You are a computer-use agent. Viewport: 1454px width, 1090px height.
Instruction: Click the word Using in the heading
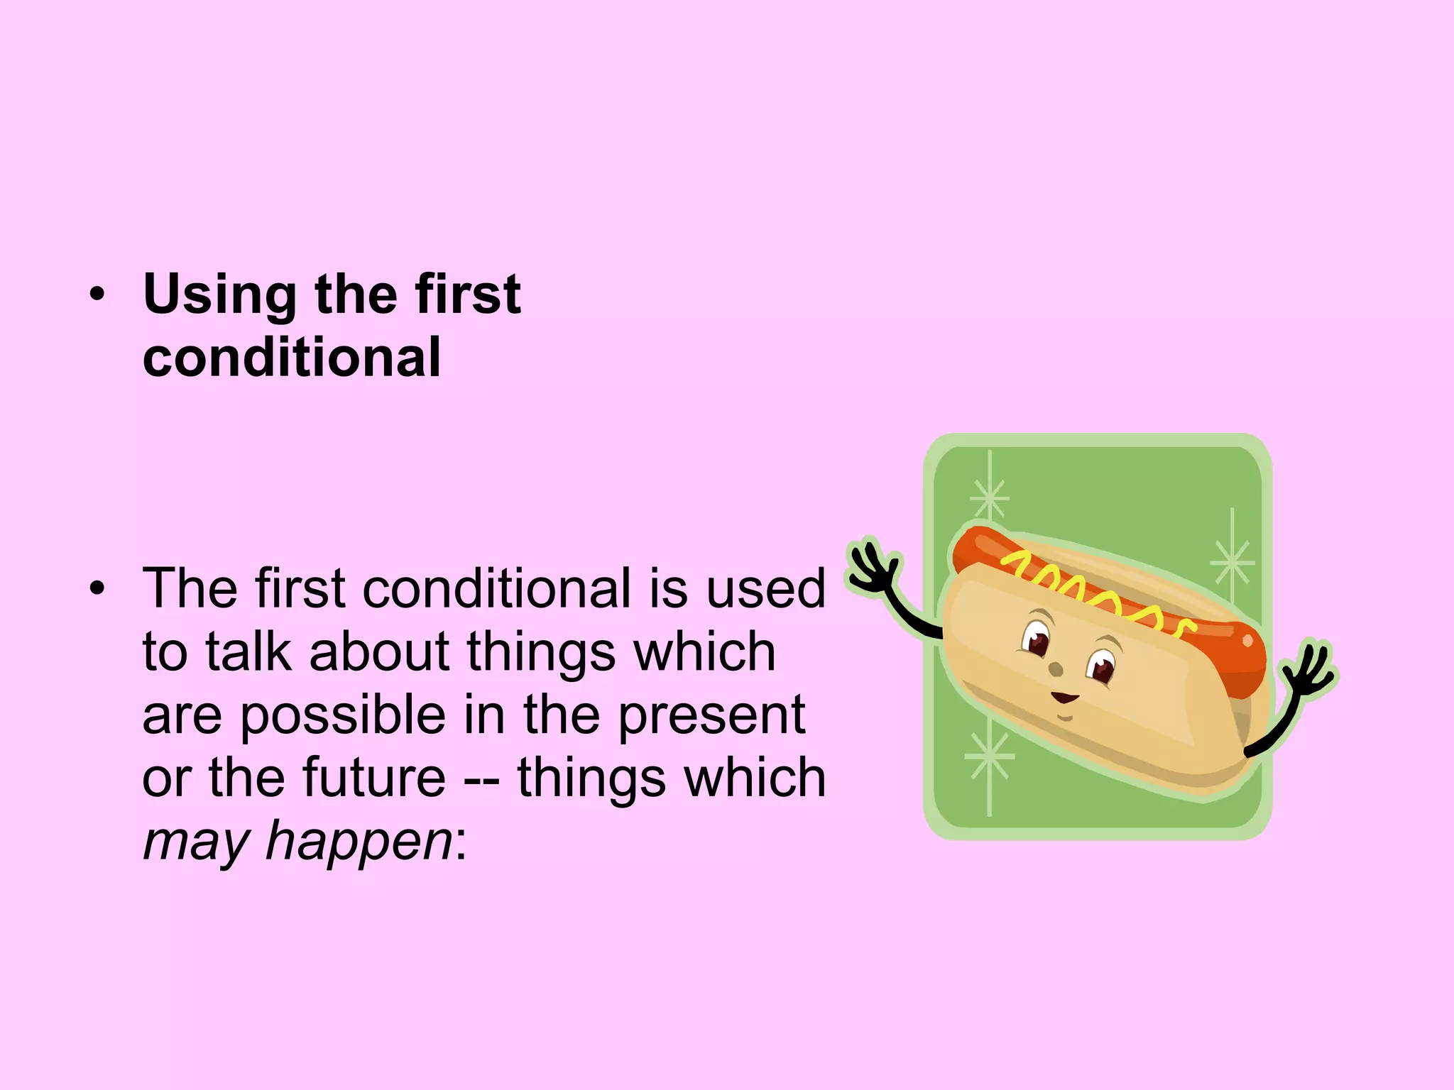tap(219, 294)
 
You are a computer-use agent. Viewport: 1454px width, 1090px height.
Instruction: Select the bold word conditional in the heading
tap(292, 357)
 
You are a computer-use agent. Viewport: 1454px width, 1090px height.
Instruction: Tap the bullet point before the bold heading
tap(97, 294)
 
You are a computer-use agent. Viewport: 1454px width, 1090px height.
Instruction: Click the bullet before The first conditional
tap(97, 588)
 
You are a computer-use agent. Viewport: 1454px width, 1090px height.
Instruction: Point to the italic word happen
tap(359, 841)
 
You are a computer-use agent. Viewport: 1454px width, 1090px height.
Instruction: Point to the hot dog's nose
tap(1056, 669)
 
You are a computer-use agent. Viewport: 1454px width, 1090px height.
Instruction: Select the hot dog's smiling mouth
tap(1064, 698)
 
